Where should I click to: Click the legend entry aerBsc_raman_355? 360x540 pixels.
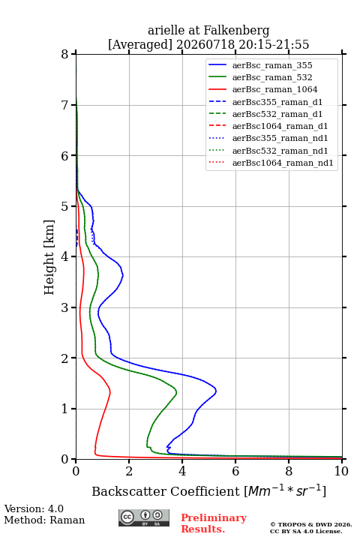pos(272,65)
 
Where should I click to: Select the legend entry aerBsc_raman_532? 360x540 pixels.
pos(272,77)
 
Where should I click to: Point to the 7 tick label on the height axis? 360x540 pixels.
pos(64,105)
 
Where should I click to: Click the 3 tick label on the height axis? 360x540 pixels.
pos(64,307)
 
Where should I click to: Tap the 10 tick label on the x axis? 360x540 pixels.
pos(341,471)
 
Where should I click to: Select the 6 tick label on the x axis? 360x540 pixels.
pos(235,471)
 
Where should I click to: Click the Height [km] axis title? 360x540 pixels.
pos(49,257)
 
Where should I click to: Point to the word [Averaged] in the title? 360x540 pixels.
pos(140,45)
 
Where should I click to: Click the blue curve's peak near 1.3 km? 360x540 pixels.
pos(216,391)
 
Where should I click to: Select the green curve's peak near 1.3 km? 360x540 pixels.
pos(176,392)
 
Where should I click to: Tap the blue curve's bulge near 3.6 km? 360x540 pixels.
pos(123,275)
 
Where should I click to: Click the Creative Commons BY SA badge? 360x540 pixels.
pos(144,517)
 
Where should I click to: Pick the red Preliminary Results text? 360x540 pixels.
pos(214,523)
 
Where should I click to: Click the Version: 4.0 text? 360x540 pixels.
pos(34,508)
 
